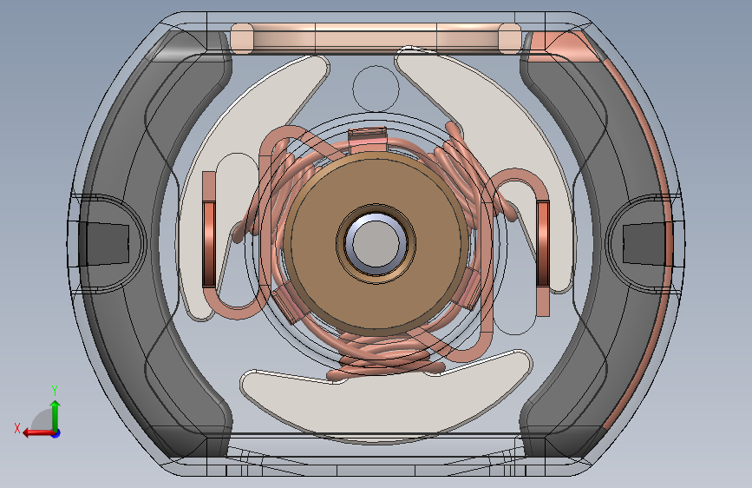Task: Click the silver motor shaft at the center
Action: click(x=376, y=242)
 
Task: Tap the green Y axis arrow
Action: click(x=56, y=415)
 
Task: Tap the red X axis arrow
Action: click(x=39, y=432)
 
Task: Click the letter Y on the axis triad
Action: click(x=55, y=391)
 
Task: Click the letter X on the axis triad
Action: click(x=17, y=428)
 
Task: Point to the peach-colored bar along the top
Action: click(x=376, y=37)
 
